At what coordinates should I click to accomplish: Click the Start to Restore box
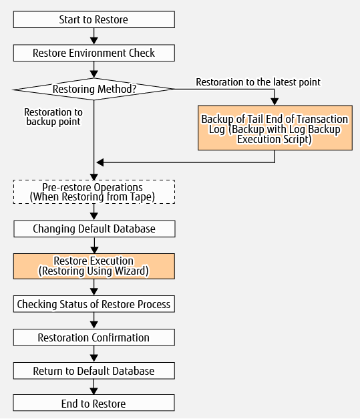94,19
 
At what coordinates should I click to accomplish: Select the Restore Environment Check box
94,53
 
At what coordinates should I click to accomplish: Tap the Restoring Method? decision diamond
94,90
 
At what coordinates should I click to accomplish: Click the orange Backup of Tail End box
275,128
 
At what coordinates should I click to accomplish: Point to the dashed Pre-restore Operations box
94,192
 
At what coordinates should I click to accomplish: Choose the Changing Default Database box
94,229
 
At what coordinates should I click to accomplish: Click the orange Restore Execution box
94,267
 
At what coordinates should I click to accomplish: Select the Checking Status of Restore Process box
94,304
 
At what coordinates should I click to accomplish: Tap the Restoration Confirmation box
94,337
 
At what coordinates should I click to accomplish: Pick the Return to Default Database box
94,371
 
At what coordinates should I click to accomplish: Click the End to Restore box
94,403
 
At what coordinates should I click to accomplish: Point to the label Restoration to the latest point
258,82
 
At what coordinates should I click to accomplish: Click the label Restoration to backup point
53,117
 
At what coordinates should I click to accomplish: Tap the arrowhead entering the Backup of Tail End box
275,102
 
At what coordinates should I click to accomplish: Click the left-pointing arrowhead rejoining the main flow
100,162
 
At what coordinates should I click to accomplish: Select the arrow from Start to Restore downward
94,36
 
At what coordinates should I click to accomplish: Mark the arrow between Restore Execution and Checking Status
94,287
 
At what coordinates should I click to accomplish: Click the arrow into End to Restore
94,387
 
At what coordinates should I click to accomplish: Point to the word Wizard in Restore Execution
132,271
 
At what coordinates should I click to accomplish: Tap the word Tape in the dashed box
143,197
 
